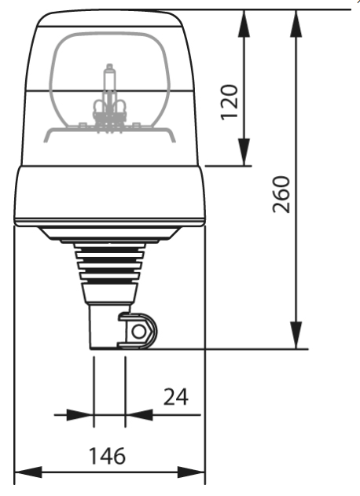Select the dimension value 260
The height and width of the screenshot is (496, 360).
coord(282,194)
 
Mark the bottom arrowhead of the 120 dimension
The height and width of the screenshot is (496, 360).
coord(244,153)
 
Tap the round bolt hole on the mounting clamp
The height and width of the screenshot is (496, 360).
coord(139,332)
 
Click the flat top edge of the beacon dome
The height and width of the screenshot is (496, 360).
coord(109,12)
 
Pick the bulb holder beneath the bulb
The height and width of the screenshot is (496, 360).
coord(109,111)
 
